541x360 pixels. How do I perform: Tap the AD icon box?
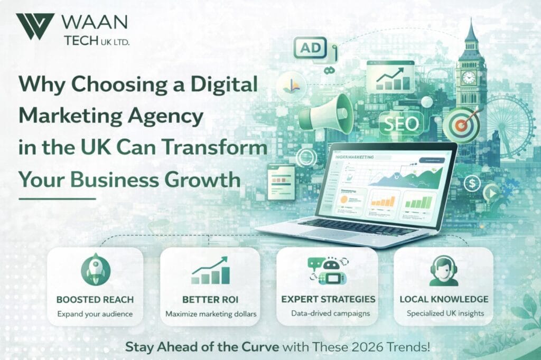[x=310, y=49]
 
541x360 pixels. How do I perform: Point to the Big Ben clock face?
[x=468, y=78]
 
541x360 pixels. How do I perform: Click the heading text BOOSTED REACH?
[x=95, y=299]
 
